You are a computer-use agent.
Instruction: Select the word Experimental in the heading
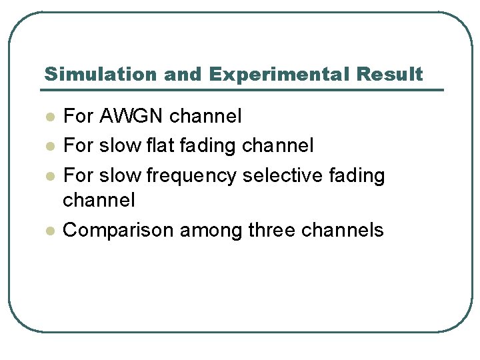pyautogui.click(x=279, y=74)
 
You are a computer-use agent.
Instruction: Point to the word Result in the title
pyautogui.click(x=389, y=74)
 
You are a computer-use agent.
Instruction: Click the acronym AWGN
pyautogui.click(x=131, y=117)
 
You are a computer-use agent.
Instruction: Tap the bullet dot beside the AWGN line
pyautogui.click(x=49, y=117)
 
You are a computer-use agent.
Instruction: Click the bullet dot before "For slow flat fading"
pyautogui.click(x=49, y=145)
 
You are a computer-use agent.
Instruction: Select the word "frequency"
pyautogui.click(x=191, y=176)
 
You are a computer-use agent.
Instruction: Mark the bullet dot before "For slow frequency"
pyautogui.click(x=49, y=176)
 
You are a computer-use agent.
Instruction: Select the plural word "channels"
pyautogui.click(x=343, y=230)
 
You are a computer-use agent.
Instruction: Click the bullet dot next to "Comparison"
pyautogui.click(x=49, y=230)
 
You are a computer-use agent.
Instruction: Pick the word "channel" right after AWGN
pyautogui.click(x=205, y=117)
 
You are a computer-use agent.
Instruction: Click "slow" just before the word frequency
pyautogui.click(x=120, y=176)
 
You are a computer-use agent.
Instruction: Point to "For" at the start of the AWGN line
pyautogui.click(x=78, y=117)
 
